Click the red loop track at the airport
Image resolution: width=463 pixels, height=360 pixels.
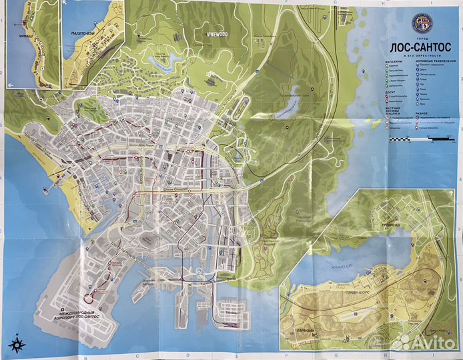pos(100,291)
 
